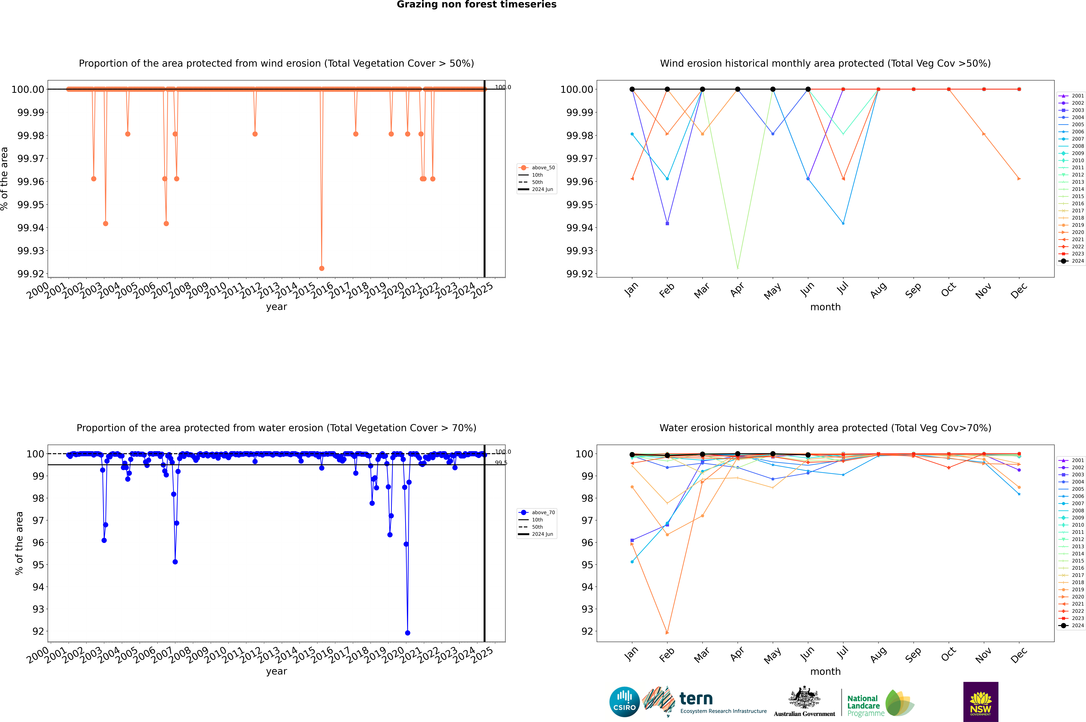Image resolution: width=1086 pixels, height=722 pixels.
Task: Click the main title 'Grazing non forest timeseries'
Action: point(477,5)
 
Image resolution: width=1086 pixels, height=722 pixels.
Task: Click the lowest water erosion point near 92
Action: point(407,633)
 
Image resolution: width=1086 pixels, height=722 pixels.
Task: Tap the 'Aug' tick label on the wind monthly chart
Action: point(878,291)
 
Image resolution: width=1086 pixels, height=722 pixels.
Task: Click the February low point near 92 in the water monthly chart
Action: point(667,633)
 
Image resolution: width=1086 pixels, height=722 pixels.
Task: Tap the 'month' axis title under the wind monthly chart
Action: point(825,307)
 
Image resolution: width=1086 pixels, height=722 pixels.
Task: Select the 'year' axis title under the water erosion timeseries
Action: point(276,671)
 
